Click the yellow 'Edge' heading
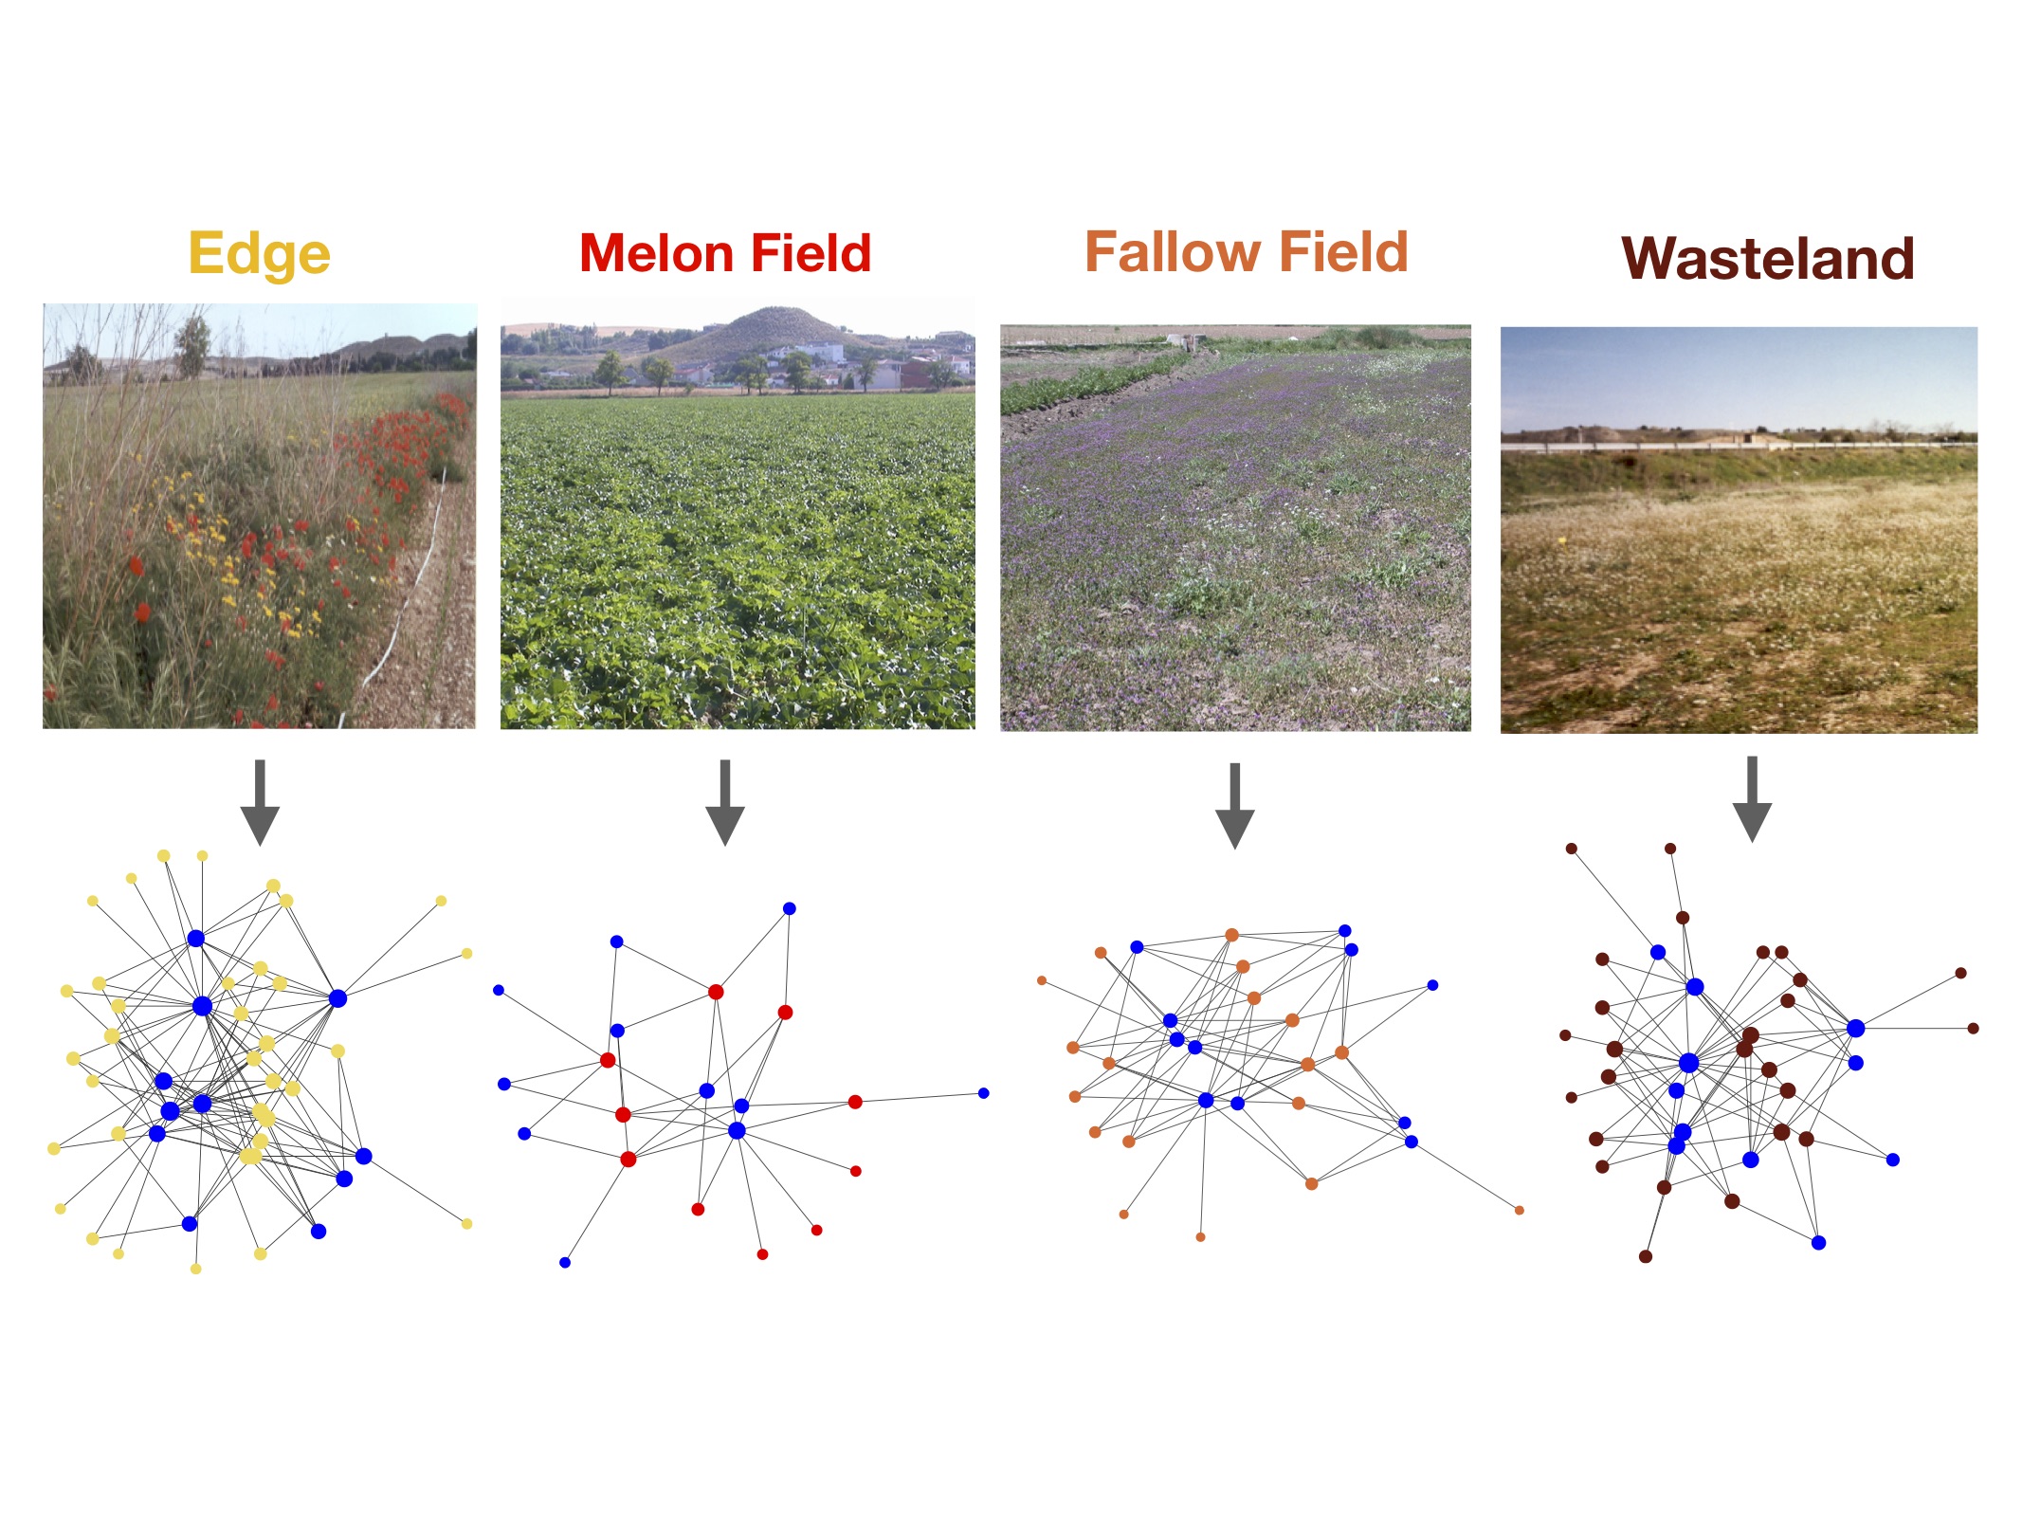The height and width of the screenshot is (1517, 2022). click(x=259, y=254)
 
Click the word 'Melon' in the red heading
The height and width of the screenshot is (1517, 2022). click(x=654, y=253)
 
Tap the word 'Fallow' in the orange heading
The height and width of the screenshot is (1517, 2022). click(x=1171, y=251)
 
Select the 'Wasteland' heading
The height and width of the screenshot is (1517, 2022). click(x=1767, y=258)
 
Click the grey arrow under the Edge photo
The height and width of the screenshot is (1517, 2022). click(x=260, y=802)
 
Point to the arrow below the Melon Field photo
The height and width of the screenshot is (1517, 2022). click(x=725, y=802)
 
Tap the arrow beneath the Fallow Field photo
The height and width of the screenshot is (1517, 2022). click(x=1234, y=805)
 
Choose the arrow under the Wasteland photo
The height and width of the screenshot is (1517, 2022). click(x=1752, y=799)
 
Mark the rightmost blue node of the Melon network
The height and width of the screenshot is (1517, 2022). click(x=983, y=1093)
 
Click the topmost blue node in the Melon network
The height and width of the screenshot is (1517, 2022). click(x=789, y=908)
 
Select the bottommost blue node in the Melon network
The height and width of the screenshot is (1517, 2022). click(x=565, y=1262)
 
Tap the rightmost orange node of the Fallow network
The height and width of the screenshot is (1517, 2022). click(x=1520, y=1210)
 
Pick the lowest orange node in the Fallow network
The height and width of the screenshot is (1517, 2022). click(x=1200, y=1237)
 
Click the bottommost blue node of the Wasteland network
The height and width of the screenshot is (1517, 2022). click(x=1818, y=1242)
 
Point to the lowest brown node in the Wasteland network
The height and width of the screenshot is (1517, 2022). click(x=1646, y=1256)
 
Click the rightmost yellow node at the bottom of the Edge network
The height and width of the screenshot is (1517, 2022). click(x=466, y=1224)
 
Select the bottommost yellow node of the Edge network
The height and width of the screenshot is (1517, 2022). click(x=196, y=1269)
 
